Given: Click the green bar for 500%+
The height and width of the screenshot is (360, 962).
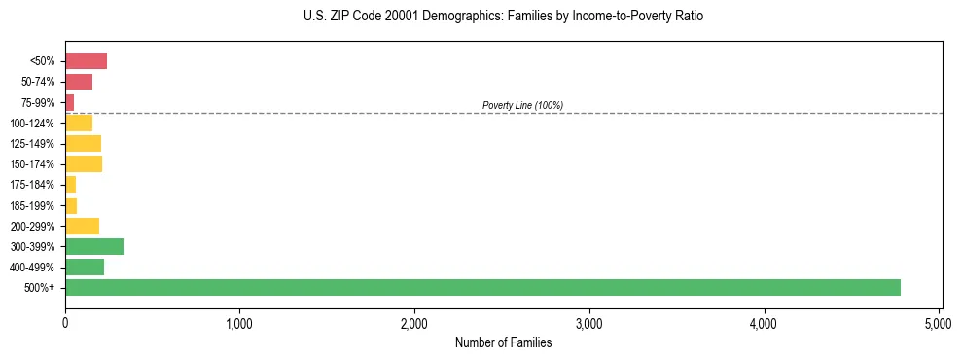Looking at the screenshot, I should click(x=482, y=287).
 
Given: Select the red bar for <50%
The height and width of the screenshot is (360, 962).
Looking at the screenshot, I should click(x=86, y=61).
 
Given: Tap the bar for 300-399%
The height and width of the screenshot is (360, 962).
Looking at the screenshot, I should click(x=94, y=246).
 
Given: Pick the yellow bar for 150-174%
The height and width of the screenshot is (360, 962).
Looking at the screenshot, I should click(x=84, y=164).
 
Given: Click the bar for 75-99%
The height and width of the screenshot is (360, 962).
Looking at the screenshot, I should click(x=70, y=102).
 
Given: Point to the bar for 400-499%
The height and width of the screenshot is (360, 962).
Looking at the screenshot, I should click(x=85, y=267).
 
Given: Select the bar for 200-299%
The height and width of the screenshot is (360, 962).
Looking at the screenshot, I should click(x=82, y=226).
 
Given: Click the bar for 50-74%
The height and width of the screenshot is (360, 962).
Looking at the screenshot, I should click(x=79, y=82).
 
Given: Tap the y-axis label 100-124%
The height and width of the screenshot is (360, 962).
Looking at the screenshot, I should click(x=32, y=124).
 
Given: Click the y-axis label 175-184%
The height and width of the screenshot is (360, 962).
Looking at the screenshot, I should click(x=32, y=185).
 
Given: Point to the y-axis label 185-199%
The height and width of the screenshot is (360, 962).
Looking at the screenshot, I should click(x=32, y=205).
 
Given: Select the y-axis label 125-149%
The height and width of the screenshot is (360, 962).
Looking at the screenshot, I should click(x=32, y=144).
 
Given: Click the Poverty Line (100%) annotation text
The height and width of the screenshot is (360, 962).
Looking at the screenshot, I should click(x=522, y=105).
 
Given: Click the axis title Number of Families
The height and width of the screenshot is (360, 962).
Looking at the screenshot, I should click(x=503, y=342).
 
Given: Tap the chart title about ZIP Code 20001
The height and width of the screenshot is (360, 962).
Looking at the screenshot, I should click(x=503, y=17).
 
